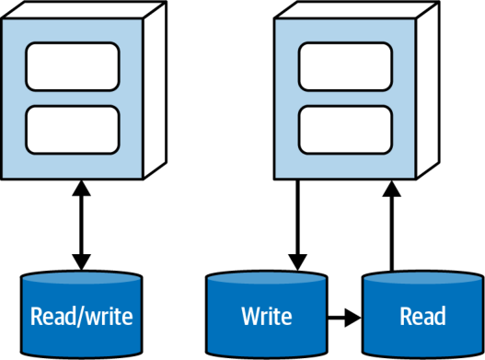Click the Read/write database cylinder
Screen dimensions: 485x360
pyautogui.click(x=81, y=314)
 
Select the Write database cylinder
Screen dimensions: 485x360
pyautogui.click(x=267, y=314)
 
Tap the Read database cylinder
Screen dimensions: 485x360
pyautogui.click(x=422, y=314)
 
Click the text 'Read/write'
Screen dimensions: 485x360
pyautogui.click(x=82, y=317)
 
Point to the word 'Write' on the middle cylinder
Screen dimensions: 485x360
pyautogui.click(x=267, y=316)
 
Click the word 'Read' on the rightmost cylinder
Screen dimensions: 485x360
pyautogui.click(x=422, y=316)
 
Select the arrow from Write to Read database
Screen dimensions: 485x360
pyautogui.click(x=344, y=318)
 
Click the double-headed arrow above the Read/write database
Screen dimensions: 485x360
pyautogui.click(x=81, y=225)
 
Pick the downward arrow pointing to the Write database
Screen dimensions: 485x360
pyautogui.click(x=297, y=225)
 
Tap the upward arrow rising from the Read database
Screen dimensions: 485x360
pyautogui.click(x=391, y=226)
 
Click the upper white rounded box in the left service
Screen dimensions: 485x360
pyautogui.click(x=73, y=66)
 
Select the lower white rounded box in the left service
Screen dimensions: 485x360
pyautogui.click(x=73, y=130)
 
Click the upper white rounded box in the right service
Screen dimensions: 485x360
pyautogui.click(x=345, y=66)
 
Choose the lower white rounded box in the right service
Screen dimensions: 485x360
pyautogui.click(x=345, y=130)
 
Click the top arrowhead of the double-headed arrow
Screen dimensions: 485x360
pyautogui.click(x=81, y=188)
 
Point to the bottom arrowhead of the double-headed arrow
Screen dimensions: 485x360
pyautogui.click(x=81, y=262)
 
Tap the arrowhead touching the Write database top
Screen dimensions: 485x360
pyautogui.click(x=297, y=262)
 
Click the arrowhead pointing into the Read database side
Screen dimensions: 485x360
pyautogui.click(x=353, y=318)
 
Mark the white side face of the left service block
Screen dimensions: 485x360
pyautogui.click(x=156, y=90)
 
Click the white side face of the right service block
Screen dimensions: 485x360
pyautogui.click(x=428, y=90)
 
